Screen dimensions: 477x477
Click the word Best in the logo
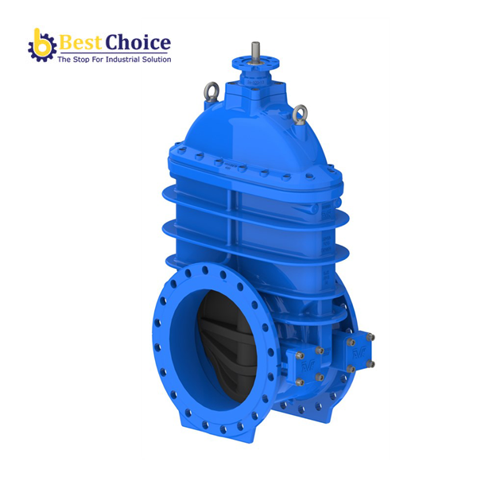81,41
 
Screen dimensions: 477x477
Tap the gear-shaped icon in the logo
41,47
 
